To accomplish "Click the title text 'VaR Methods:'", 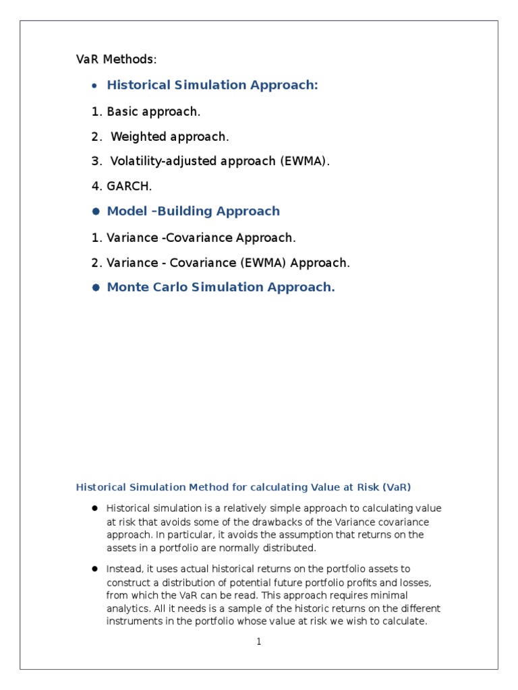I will [116, 60].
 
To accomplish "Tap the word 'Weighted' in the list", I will [138, 137].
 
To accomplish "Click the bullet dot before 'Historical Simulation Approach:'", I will [95, 86].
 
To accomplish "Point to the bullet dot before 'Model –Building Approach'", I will [95, 212].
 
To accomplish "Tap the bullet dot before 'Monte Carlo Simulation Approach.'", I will [95, 288].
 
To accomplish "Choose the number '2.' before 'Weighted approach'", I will [96, 137].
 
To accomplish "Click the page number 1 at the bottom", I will [258, 642].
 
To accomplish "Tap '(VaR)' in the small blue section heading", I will [396, 487].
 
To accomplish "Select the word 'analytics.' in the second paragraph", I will [129, 608].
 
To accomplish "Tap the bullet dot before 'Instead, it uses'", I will [96, 569].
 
